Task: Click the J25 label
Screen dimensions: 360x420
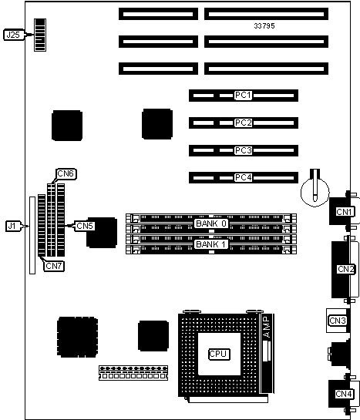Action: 13,35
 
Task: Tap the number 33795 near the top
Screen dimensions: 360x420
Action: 264,25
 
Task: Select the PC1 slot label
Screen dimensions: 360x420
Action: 244,96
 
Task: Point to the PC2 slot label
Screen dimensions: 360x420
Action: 244,123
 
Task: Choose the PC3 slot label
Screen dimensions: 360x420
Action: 244,150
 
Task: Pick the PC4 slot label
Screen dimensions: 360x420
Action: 244,177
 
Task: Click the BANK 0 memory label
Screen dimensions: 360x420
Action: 211,223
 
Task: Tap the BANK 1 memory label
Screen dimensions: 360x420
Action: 211,244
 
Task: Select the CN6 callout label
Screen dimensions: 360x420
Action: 66,174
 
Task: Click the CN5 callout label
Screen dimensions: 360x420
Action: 85,226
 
